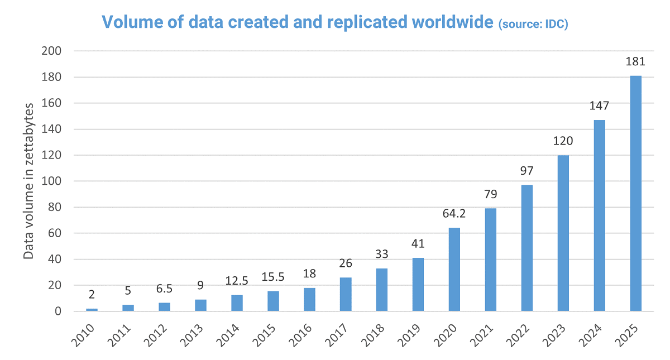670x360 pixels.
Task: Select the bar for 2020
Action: [454, 269]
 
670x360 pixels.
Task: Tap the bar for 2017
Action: [346, 294]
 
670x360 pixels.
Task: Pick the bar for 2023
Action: [563, 233]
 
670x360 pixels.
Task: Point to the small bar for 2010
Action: [92, 310]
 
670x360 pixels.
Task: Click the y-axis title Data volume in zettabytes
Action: [28, 181]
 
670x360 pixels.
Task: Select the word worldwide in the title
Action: [452, 22]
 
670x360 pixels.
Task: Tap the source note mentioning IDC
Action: [533, 24]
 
